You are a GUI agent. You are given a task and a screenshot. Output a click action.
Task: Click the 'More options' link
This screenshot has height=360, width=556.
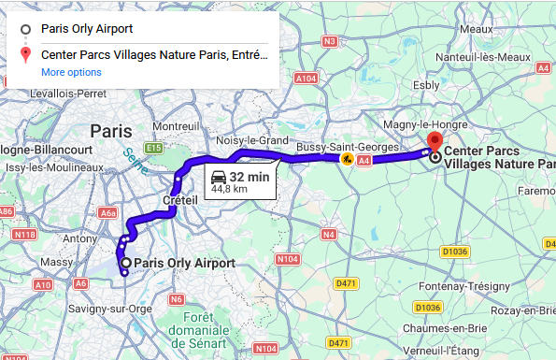point(71,72)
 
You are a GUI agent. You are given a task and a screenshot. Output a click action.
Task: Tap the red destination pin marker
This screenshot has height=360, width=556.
point(434,142)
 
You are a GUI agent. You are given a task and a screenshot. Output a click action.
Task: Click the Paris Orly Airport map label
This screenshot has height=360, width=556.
point(185,264)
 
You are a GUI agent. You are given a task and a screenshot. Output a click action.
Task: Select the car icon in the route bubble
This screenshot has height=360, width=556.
point(219,177)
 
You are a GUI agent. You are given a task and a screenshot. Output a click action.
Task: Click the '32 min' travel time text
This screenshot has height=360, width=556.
point(250,177)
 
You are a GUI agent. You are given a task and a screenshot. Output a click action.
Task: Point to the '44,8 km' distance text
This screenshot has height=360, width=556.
point(229,189)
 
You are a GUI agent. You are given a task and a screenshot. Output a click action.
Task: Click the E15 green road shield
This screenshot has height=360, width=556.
point(154,148)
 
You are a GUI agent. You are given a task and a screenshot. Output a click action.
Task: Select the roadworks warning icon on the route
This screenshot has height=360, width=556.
point(348,160)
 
